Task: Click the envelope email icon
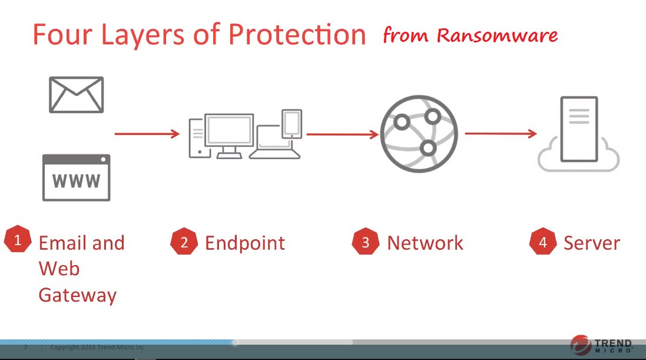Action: tap(76, 94)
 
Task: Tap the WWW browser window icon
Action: tap(76, 178)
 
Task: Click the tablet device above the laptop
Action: tap(291, 124)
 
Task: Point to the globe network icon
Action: tap(419, 134)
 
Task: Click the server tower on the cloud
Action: tap(579, 129)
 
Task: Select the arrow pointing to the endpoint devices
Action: tap(147, 134)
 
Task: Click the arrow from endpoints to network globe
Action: tap(342, 134)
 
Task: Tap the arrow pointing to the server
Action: tap(501, 133)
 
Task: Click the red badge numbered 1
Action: tap(18, 239)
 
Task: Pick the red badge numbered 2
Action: tap(184, 241)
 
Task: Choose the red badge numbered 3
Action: tap(366, 241)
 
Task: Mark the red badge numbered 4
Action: tap(543, 241)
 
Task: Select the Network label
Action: tap(425, 243)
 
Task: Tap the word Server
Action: tap(592, 243)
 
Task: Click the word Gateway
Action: tap(78, 296)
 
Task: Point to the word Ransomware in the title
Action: tap(497, 35)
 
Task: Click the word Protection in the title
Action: tap(297, 34)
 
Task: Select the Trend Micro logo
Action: tap(601, 345)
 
